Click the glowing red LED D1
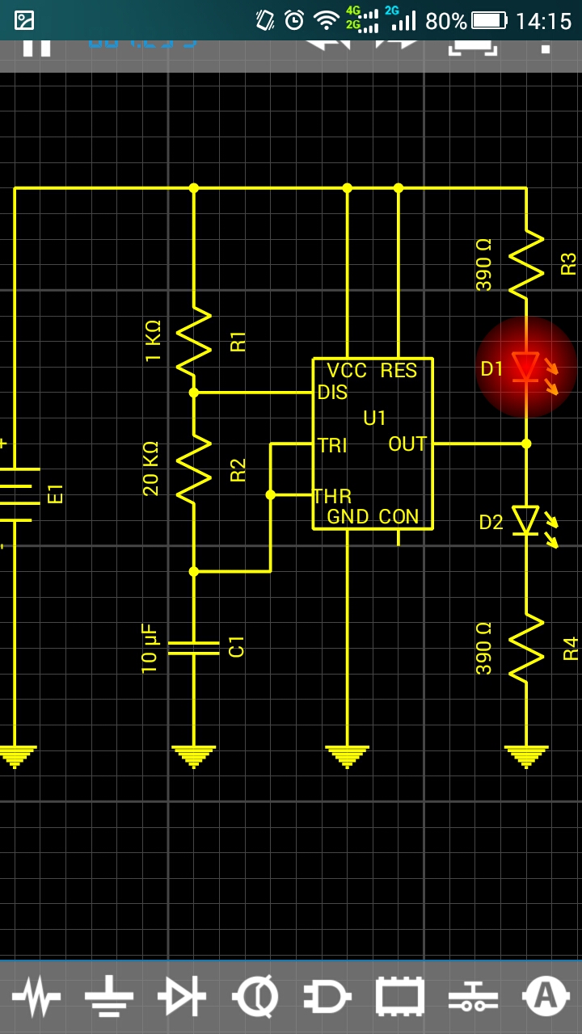click(525, 366)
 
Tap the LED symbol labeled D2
click(525, 521)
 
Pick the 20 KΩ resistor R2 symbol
click(194, 469)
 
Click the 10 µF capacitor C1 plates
click(194, 648)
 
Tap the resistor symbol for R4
click(525, 646)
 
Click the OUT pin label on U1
click(407, 444)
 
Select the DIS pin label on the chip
click(333, 393)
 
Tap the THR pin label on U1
click(332, 496)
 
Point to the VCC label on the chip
click(347, 371)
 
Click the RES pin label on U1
click(399, 371)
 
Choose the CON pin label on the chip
click(399, 517)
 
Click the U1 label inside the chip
click(375, 418)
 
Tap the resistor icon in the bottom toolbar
click(36, 996)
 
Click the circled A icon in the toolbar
click(546, 996)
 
